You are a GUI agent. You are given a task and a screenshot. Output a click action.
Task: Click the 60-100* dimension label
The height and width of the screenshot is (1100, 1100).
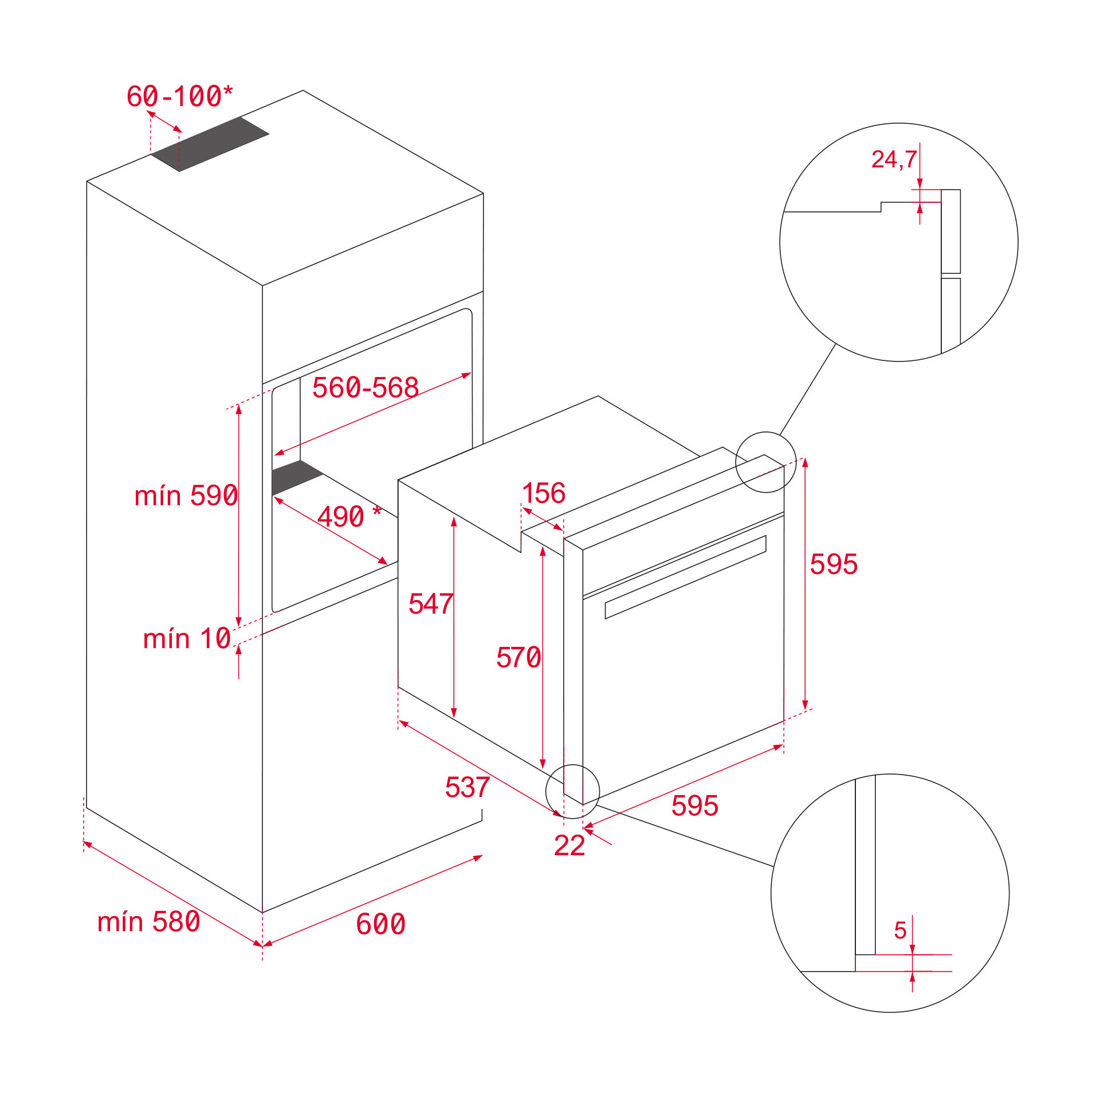point(180,96)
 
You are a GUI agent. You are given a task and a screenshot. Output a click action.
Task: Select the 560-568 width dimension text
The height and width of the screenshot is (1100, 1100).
point(365,388)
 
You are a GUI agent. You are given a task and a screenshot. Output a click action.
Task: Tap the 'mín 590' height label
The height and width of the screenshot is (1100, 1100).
point(186,496)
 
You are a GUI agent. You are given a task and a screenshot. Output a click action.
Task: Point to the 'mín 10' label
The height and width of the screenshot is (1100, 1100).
point(187,638)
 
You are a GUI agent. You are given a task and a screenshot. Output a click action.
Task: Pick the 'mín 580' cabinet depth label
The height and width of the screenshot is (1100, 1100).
point(148,922)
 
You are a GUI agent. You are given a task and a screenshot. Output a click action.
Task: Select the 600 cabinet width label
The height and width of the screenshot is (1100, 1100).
point(380,924)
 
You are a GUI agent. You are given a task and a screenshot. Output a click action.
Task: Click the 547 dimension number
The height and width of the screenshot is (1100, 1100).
point(431,604)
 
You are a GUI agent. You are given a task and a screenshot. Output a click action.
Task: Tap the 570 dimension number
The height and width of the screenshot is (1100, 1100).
point(518,657)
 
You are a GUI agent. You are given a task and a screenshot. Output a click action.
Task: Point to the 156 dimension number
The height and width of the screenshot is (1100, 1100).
point(543,493)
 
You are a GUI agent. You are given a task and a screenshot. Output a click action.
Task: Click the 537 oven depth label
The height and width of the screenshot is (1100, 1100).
point(467,787)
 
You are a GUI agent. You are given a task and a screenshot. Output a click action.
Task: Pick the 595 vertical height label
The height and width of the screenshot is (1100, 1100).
point(833,564)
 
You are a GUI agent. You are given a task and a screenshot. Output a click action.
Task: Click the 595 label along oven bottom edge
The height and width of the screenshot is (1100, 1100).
point(694,806)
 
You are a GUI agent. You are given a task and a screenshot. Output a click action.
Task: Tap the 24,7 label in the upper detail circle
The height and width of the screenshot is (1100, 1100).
point(893,159)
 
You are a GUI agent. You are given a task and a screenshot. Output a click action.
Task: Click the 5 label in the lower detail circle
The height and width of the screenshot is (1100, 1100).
point(900,930)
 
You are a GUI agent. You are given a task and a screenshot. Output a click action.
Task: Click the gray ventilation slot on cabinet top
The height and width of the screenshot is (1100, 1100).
point(210,144)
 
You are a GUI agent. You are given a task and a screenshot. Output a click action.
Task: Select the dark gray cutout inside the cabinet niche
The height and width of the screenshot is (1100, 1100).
point(296,477)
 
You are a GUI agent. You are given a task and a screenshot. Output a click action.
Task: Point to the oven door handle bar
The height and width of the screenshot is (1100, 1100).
point(685,577)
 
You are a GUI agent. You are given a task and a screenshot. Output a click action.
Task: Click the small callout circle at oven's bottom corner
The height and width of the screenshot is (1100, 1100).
point(572,791)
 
